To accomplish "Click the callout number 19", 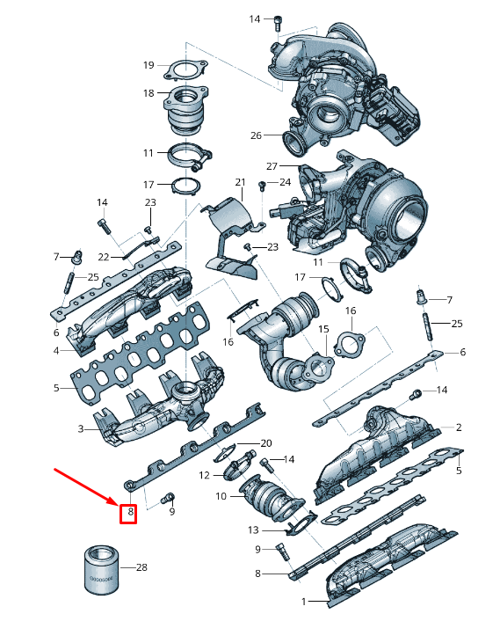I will click(149, 65).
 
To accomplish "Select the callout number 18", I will click(149, 92).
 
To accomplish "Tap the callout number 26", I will click(256, 135).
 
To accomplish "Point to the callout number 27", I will click(272, 166).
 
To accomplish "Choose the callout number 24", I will click(284, 182).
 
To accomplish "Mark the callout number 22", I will click(104, 257).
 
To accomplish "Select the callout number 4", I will click(55, 351).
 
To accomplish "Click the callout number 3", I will click(80, 428).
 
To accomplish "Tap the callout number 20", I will click(266, 442).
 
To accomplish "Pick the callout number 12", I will click(203, 475).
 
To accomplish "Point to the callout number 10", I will click(221, 497).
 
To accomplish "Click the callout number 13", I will click(254, 530).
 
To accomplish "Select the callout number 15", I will click(322, 329).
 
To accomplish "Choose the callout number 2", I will click(458, 427).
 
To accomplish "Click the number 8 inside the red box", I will click(129, 511).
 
